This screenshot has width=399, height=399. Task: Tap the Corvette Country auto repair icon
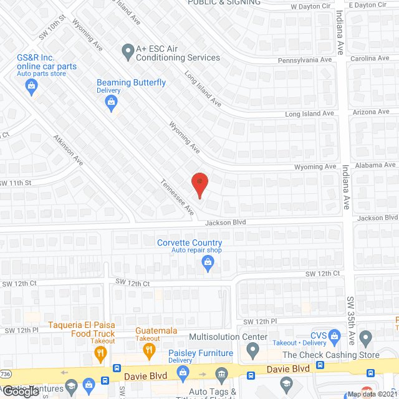point(208,265)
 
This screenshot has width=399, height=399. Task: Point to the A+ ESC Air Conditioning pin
point(128,51)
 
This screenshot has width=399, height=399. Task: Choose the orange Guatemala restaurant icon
point(148,351)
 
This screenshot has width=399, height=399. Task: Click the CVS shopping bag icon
point(335,337)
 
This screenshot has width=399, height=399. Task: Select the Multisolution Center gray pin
point(252,351)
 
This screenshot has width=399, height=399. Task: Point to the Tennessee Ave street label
point(177,198)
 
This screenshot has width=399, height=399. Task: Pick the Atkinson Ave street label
point(68,150)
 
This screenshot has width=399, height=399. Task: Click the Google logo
point(20,391)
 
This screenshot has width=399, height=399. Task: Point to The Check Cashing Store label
point(330,355)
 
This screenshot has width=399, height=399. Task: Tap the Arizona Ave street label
point(371,112)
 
